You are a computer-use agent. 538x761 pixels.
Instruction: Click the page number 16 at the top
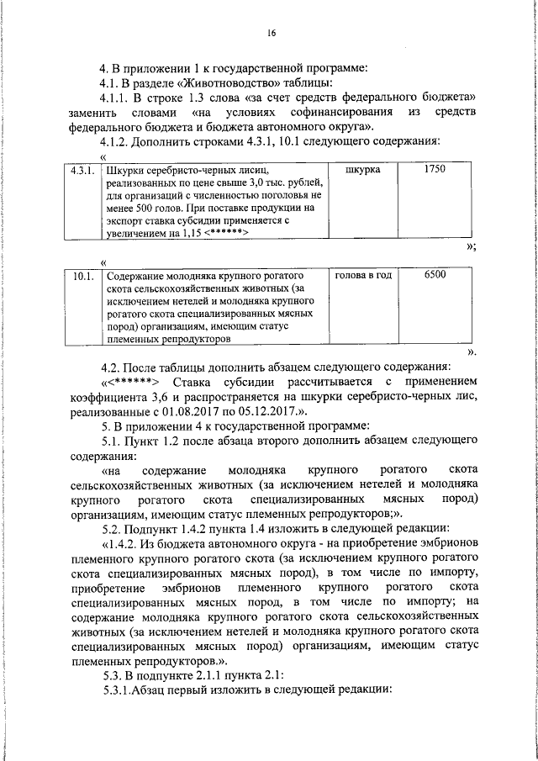(272, 34)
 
